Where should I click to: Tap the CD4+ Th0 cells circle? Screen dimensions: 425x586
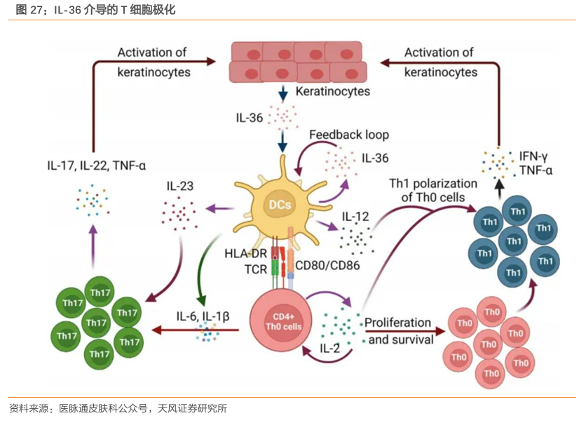pos(282,322)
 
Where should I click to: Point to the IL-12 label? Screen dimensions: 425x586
pos(355,217)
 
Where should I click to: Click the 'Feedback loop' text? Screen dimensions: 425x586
pos(348,134)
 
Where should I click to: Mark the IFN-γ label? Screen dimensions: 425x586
pos(534,155)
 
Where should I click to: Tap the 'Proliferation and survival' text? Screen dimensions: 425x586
pos(399,331)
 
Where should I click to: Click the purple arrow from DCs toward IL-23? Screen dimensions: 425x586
pos(219,208)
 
